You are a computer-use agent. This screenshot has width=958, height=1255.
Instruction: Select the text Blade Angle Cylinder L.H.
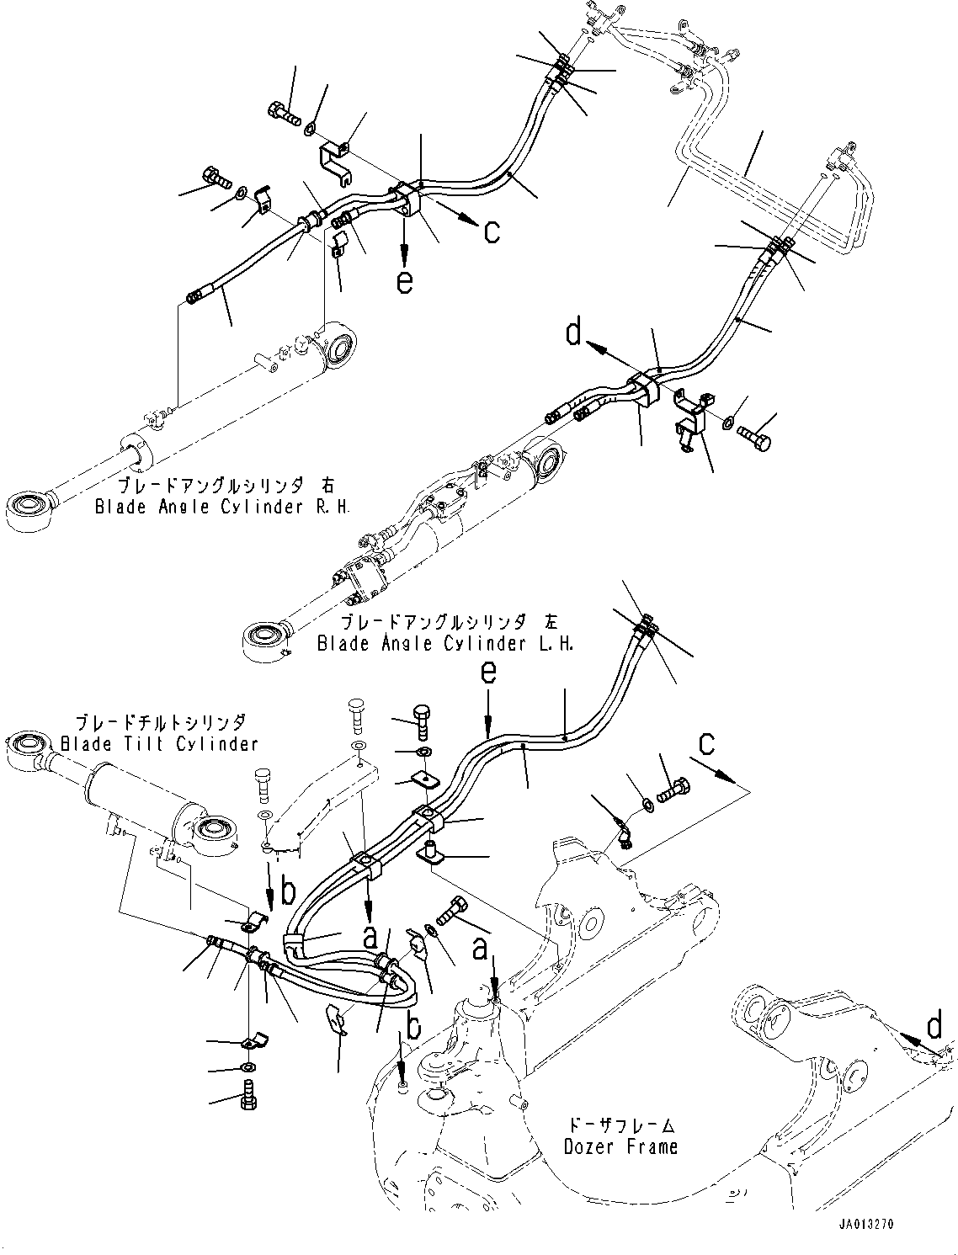click(x=446, y=643)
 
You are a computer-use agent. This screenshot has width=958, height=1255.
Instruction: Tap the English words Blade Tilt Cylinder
click(x=159, y=743)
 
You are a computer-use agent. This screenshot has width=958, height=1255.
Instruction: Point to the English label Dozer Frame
click(x=622, y=1146)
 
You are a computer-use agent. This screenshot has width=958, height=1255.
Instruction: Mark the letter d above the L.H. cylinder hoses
click(x=574, y=335)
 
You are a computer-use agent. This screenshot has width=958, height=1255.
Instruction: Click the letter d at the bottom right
click(x=934, y=1026)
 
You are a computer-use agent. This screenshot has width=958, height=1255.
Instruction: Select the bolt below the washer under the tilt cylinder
click(x=249, y=1097)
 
